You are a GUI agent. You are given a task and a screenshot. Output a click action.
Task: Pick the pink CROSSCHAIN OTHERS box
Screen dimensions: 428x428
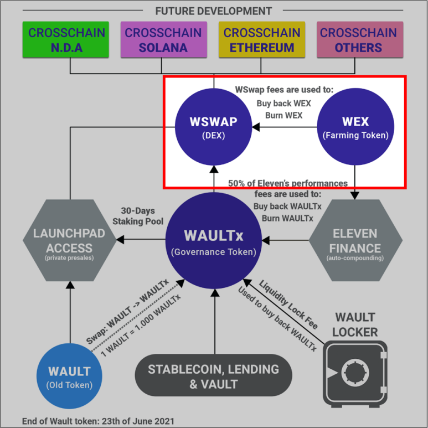358,40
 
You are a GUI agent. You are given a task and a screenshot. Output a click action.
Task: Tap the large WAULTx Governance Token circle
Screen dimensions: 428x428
214,240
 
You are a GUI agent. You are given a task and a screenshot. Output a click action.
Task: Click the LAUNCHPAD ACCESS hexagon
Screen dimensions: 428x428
69,241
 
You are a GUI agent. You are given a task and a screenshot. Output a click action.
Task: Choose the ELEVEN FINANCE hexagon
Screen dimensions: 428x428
354,241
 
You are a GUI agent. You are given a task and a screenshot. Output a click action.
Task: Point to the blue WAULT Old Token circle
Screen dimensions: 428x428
69,376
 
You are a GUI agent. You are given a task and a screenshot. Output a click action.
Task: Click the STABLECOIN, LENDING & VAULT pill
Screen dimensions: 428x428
213,377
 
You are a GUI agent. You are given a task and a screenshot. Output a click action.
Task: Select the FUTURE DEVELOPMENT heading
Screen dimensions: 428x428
214,11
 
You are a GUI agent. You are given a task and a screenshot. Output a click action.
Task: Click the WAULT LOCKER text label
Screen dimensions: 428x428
355,325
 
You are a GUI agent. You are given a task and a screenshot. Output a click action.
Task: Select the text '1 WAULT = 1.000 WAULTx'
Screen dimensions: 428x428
141,324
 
